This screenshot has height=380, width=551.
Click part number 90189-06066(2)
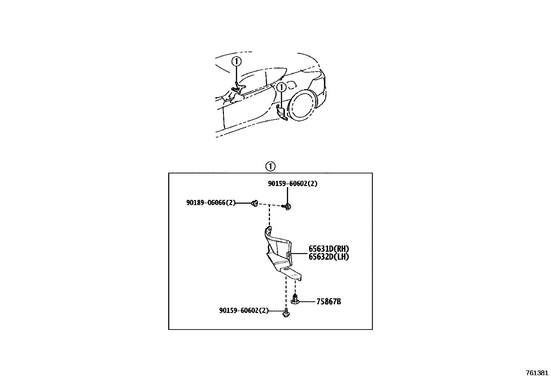point(210,203)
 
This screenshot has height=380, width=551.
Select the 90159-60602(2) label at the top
point(292,184)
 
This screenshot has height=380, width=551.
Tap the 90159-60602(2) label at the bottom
point(244,311)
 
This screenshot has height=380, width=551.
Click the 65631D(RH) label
point(329,249)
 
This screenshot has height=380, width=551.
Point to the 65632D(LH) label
point(329,257)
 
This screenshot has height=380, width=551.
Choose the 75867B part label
point(328,302)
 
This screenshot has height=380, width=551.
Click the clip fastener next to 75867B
point(295,300)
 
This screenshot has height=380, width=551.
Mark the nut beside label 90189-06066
point(254,203)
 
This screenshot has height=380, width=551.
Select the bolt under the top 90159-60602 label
point(288,207)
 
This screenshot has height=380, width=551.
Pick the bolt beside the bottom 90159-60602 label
point(286,313)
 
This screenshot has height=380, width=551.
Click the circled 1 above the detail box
point(270,166)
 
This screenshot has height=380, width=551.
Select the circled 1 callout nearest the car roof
point(236,62)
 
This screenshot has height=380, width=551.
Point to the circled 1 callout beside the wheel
point(282,87)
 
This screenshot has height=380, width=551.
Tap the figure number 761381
point(537,373)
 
